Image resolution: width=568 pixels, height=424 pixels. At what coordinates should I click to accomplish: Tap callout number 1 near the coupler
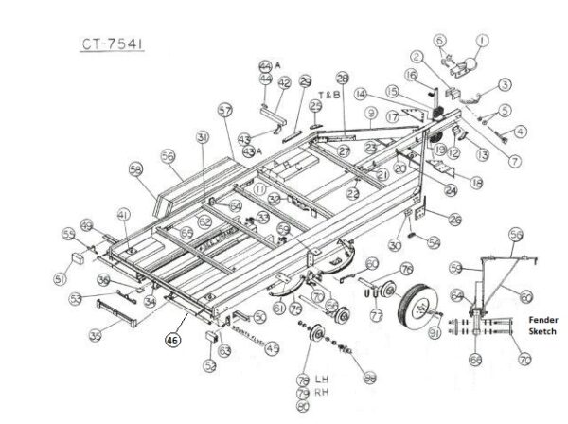(x=482, y=40)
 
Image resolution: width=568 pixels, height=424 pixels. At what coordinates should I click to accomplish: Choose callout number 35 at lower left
(x=95, y=334)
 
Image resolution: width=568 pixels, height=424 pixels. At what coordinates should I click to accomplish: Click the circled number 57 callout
(x=225, y=110)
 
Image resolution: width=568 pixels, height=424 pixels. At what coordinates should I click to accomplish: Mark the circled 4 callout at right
(x=520, y=130)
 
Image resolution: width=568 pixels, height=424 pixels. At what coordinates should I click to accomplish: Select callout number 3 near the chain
(x=506, y=85)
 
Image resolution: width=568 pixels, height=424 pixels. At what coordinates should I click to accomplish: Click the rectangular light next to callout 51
(x=78, y=258)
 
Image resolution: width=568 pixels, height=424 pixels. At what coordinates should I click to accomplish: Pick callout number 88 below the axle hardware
(x=369, y=378)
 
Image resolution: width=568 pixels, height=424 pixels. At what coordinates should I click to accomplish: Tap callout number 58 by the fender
(x=137, y=172)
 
